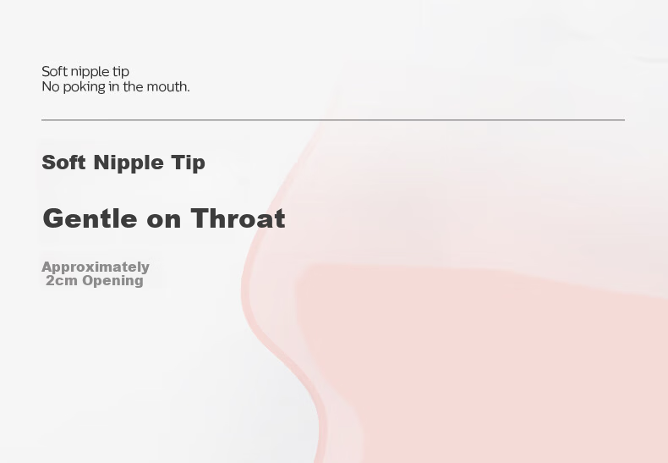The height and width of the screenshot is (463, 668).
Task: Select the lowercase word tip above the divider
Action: click(x=121, y=73)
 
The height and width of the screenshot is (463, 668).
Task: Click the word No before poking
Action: click(x=51, y=86)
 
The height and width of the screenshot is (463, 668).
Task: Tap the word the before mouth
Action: click(x=134, y=86)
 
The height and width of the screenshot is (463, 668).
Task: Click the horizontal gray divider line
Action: click(x=333, y=120)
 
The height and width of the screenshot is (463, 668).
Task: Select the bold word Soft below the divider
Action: click(x=64, y=163)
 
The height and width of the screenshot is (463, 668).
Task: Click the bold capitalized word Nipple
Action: click(x=129, y=163)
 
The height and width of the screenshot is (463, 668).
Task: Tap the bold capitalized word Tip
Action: click(x=188, y=163)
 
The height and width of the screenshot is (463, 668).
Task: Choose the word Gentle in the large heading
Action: click(x=90, y=218)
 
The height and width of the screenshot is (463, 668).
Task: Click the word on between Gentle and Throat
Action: click(x=163, y=221)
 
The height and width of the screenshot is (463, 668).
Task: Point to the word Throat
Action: click(x=238, y=218)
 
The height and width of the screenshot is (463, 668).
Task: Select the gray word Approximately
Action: click(x=96, y=267)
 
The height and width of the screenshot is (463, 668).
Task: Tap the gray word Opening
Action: click(x=112, y=281)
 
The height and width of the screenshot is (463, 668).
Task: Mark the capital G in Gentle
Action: click(x=53, y=218)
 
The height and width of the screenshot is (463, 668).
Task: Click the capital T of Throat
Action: click(x=200, y=218)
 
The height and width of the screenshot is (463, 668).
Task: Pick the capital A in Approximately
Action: click(x=47, y=267)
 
